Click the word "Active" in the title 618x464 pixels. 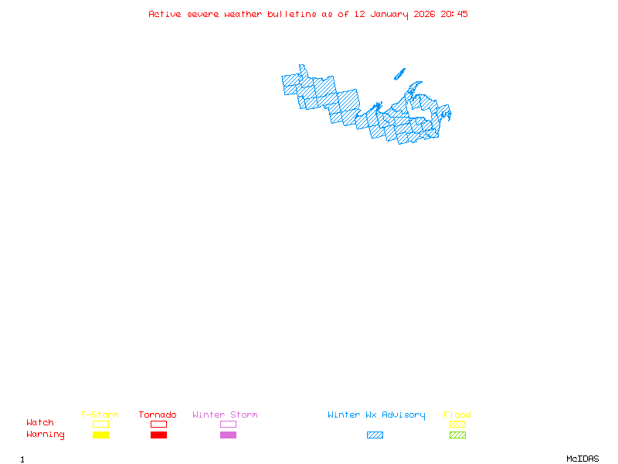click(x=165, y=14)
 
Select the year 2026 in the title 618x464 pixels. click(x=424, y=14)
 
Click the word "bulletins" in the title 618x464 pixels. click(x=292, y=14)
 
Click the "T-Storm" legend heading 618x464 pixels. click(x=100, y=415)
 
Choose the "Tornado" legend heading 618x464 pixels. click(x=158, y=415)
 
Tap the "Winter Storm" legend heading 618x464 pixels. click(x=225, y=415)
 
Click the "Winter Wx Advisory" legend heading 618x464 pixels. click(x=376, y=415)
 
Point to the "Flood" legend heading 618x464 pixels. click(x=457, y=415)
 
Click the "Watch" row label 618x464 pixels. click(x=40, y=423)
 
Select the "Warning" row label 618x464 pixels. click(x=46, y=435)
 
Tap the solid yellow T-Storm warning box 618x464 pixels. click(x=100, y=435)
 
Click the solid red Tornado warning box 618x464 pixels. click(x=158, y=435)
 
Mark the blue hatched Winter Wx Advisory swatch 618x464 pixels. click(x=375, y=435)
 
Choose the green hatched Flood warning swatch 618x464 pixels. click(x=457, y=435)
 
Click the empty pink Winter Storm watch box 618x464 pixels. click(x=228, y=424)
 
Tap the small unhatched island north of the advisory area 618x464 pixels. click(x=399, y=74)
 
